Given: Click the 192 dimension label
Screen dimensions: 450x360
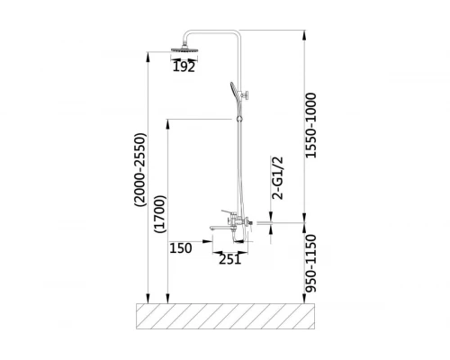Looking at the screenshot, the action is pos(184,67).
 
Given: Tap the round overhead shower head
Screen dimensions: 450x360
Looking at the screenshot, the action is pos(184,49).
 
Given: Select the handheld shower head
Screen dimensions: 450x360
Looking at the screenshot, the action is pos(235,91).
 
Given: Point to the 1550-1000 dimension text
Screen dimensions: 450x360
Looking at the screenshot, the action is pos(310,125).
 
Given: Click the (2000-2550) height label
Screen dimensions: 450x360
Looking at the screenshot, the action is pos(140,169).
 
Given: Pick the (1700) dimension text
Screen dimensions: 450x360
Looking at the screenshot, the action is pos(159,214).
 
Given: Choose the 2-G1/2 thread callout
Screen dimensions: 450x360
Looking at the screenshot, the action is pos(277,178).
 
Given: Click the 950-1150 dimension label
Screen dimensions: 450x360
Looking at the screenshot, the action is pos(310,264).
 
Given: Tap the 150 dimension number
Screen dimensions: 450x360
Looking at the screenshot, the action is pos(181,248).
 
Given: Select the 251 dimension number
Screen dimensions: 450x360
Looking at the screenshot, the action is pos(229,259).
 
